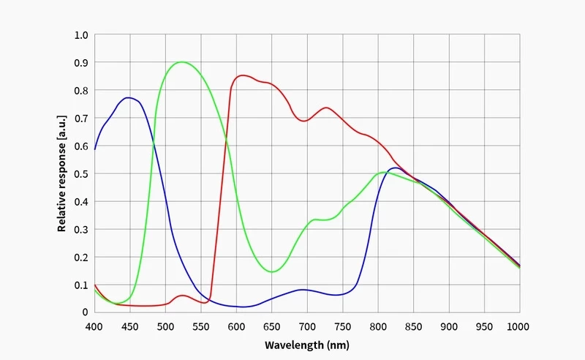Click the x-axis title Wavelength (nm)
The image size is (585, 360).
pos(306,345)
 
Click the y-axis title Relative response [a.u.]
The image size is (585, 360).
pos(62,174)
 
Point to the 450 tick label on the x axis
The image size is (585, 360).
pos(129,326)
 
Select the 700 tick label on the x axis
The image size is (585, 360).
pos(306,326)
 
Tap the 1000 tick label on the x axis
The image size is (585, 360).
pos(518,326)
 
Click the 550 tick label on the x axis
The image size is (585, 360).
pos(200,326)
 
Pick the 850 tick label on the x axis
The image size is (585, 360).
pos(412,326)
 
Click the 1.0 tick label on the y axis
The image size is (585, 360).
pos(81,35)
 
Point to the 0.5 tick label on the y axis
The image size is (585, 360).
pos(81,174)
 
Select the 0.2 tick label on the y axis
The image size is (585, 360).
pos(81,257)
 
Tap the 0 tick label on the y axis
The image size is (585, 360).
pos(86,312)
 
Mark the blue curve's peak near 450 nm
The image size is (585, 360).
pos(129,97)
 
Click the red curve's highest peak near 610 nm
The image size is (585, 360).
pos(243,75)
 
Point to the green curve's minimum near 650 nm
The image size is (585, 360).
pos(271,272)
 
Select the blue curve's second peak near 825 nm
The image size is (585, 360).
pos(396,168)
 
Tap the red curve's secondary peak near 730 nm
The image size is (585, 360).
pos(326,108)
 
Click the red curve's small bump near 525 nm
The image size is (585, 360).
pos(183,296)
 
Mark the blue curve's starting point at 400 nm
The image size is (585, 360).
pos(94,149)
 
